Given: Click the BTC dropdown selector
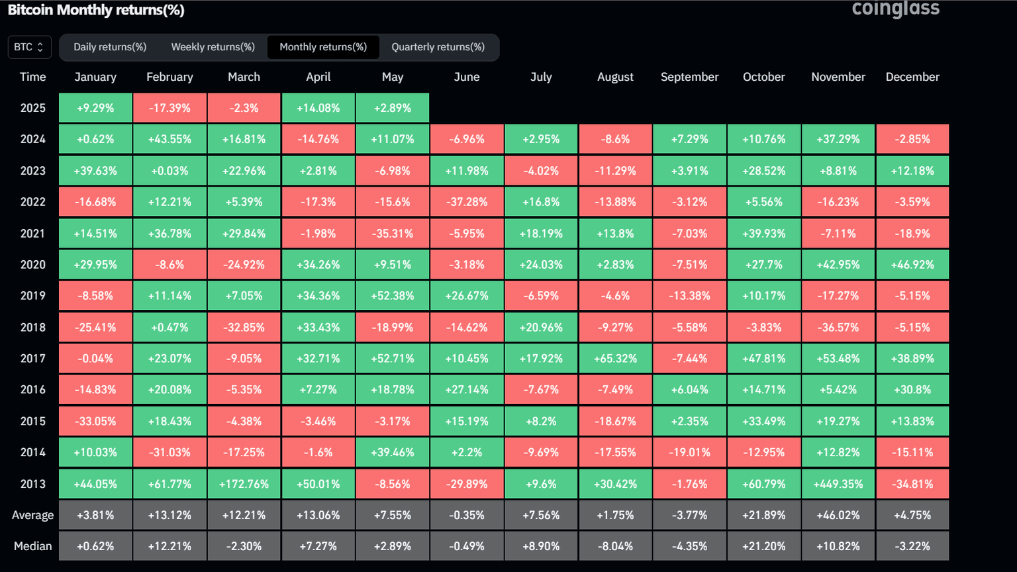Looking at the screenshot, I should point(29,47).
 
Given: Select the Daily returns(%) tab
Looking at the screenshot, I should point(110,47).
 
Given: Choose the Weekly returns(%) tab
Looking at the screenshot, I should point(213,47).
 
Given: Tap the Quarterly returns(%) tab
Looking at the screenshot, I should point(438,47).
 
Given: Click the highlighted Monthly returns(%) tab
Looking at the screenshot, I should point(323,47).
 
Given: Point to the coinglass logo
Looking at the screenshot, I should point(895,9).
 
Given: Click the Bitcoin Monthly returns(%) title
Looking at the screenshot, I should point(96,10).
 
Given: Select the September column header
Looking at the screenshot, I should point(689,77).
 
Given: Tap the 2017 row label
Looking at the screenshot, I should point(32,358).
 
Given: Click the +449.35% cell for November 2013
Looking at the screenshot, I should point(838,484).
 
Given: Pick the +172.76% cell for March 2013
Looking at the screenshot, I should point(244,484).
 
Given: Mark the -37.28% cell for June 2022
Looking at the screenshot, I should point(467,202).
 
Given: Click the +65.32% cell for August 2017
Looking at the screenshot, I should point(615,358).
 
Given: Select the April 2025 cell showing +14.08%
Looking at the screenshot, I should point(318,108).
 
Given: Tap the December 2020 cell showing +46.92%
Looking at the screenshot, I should point(912,265).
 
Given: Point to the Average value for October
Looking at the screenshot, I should point(764,515).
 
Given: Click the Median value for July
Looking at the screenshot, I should point(541,546).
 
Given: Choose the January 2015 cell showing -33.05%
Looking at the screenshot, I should point(95,421).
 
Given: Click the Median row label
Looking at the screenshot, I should point(32,546).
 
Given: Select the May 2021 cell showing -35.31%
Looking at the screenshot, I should point(393,234).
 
